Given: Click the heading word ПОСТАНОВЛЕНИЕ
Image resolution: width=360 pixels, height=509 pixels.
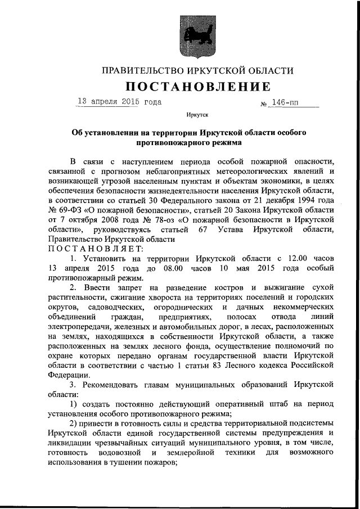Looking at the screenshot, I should [x=197, y=87].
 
